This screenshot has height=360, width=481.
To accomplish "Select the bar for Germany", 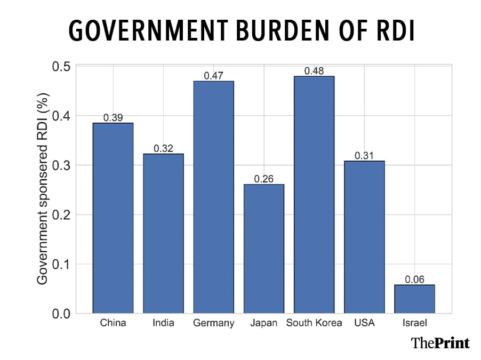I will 213,197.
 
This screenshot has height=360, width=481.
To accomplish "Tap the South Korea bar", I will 314,194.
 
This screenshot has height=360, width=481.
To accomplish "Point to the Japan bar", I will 263,249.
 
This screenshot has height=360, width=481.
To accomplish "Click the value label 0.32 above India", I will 163,148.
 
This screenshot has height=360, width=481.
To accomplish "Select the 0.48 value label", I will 314,70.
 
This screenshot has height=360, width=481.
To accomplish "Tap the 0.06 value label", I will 414,279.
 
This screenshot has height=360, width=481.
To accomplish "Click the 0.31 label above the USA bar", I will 364,156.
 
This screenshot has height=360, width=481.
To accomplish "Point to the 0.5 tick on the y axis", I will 62,67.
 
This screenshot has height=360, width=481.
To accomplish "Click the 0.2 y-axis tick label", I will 62,215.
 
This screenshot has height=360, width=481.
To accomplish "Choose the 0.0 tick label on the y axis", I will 62,314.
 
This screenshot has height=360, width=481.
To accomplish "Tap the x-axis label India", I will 163,323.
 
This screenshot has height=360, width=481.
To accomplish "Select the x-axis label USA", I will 364,323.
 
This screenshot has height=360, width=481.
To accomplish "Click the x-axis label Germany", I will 213,323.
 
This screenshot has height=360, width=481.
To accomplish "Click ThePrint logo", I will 440,342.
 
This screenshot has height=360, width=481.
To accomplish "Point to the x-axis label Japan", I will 263,323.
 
